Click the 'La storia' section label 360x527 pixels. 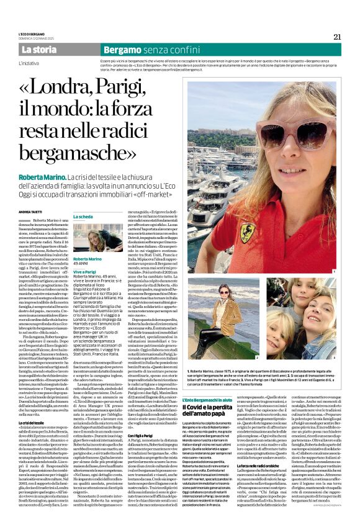[x=39, y=49]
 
